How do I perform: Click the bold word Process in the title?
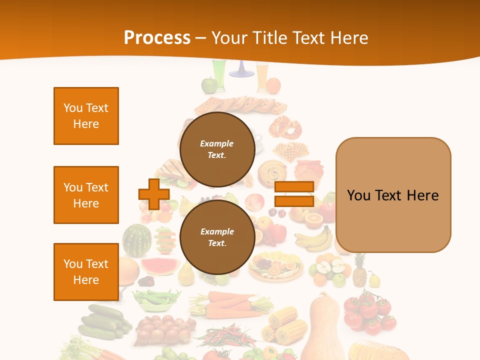pos(157,38)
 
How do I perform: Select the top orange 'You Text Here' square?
pos(86,116)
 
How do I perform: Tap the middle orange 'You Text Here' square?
pos(86,195)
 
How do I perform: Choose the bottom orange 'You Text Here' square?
pos(86,272)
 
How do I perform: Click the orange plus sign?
pos(154,194)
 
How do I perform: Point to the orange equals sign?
pos(294,194)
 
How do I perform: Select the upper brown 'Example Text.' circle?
pos(217,149)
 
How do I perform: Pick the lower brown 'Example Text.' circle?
pos(217,237)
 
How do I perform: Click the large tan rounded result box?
pos(393,195)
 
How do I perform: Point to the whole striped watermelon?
pos(136,240)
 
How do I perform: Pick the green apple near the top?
pos(208,85)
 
